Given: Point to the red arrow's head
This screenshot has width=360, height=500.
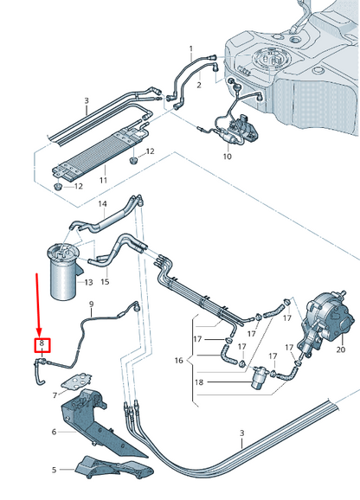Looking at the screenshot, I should [37, 331].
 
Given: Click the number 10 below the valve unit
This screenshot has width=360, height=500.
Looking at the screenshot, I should [227, 157].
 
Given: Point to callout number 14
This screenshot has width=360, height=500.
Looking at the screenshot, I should [103, 205].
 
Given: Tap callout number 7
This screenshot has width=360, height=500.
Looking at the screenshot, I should [54, 394].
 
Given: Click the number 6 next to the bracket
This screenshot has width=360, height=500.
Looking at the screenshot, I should [54, 431].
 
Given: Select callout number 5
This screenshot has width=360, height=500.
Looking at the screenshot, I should [54, 470].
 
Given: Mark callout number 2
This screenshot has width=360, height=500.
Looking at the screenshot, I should [198, 86].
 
